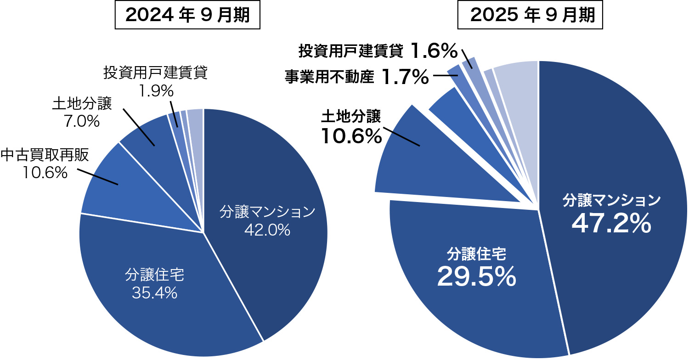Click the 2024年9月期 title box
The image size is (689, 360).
(x=187, y=16)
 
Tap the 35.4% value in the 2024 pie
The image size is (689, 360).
(x=154, y=293)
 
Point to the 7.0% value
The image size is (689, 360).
(x=81, y=121)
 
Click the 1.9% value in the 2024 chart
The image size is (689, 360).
(x=156, y=91)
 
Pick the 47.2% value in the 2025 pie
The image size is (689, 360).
(x=611, y=224)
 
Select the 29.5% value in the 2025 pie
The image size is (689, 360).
(x=476, y=276)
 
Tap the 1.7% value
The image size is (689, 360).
(x=405, y=77)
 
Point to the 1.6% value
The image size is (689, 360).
(x=434, y=51)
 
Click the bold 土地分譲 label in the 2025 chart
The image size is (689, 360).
(x=351, y=117)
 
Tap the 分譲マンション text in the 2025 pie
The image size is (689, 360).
(x=611, y=200)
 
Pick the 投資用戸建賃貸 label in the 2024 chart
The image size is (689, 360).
(x=156, y=73)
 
